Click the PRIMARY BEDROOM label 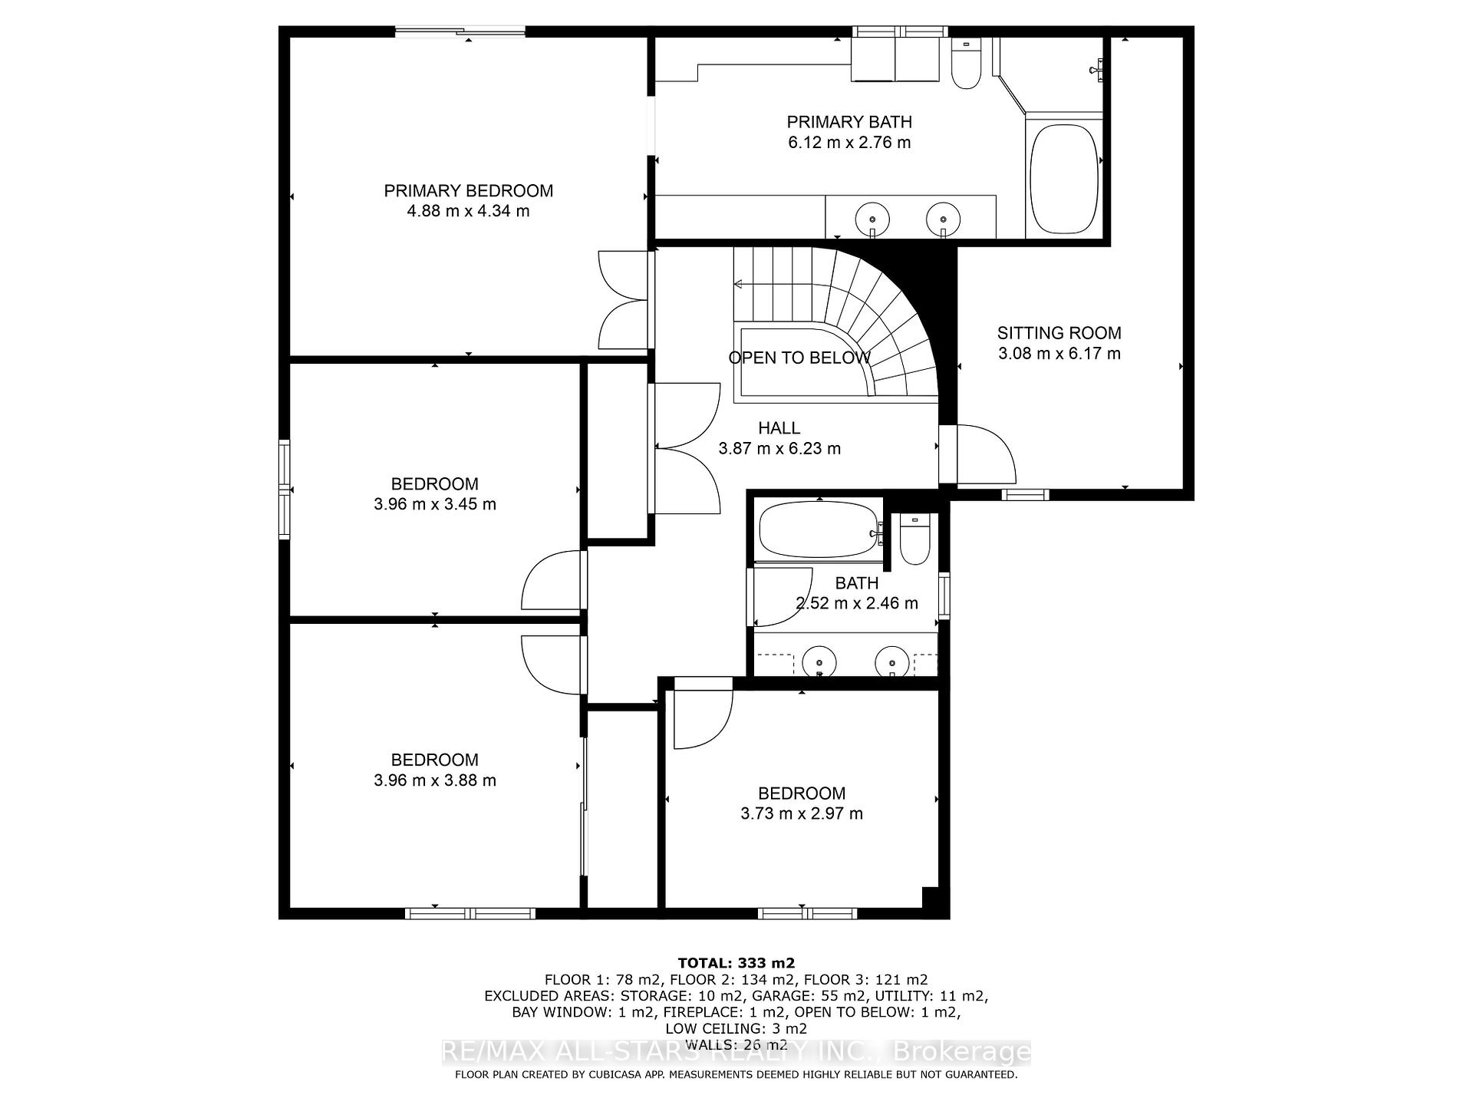click(x=468, y=190)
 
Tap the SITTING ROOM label click(x=1059, y=333)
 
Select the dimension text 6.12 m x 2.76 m click(x=849, y=142)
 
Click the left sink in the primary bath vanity click(x=872, y=218)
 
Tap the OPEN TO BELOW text click(x=799, y=358)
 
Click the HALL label click(x=779, y=428)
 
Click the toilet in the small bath click(x=914, y=541)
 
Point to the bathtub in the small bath click(x=817, y=530)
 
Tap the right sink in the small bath click(x=892, y=661)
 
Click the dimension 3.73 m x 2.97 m click(x=801, y=813)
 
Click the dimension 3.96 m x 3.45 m click(x=434, y=504)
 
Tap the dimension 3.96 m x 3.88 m click(x=434, y=780)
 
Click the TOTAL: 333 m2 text click(x=736, y=963)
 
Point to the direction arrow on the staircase click(x=740, y=285)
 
